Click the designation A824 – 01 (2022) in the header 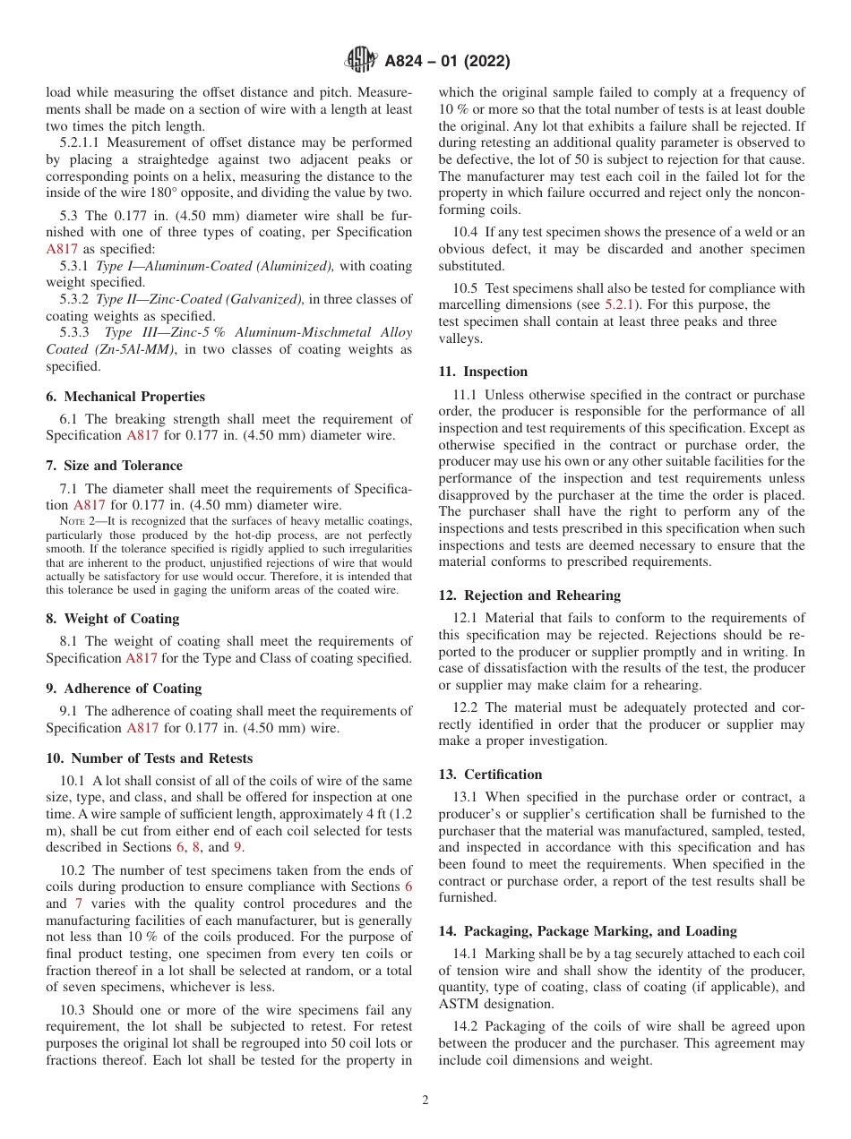(x=447, y=61)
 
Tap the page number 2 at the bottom (x=425, y=1100)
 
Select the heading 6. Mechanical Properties (x=125, y=397)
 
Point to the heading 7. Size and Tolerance (x=114, y=466)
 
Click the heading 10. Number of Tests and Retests (x=149, y=758)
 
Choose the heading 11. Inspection (x=483, y=372)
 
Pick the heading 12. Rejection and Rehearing (x=529, y=595)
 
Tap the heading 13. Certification (x=490, y=775)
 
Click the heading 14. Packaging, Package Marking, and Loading (x=588, y=930)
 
